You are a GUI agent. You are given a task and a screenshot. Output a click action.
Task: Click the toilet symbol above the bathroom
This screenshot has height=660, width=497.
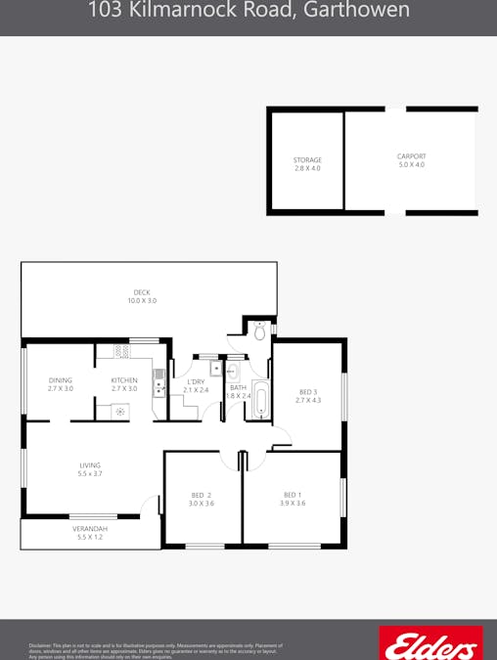coord(259,332)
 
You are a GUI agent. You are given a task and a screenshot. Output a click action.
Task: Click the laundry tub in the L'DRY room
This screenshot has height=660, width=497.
coord(217,370)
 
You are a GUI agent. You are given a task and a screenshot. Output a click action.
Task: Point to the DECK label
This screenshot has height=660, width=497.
coord(142,292)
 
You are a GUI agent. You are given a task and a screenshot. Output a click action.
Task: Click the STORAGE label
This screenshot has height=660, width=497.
coord(307,160)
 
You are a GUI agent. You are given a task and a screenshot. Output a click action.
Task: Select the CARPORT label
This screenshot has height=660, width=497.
coord(411,156)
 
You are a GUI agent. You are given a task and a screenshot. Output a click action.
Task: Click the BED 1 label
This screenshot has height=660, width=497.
coord(293,495)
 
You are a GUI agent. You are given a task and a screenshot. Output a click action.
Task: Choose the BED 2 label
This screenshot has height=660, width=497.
coord(202,496)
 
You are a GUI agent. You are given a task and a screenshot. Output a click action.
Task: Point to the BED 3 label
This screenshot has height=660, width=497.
coord(308,392)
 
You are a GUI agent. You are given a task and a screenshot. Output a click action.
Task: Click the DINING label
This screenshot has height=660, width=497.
coord(61,380)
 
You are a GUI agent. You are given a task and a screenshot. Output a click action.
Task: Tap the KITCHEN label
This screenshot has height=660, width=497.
coord(124,380)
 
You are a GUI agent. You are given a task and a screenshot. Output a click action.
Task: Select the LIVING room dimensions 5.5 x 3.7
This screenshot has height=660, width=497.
coord(90,474)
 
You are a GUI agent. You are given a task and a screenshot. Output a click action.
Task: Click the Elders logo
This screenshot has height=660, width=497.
coord(429,644)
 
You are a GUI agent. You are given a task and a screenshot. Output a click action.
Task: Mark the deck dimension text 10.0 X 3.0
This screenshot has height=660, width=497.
coord(142,301)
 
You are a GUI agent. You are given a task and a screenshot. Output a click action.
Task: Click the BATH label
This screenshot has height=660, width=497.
coord(239,387)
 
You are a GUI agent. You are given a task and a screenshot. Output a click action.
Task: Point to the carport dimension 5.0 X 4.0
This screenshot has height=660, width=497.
coord(411,165)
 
